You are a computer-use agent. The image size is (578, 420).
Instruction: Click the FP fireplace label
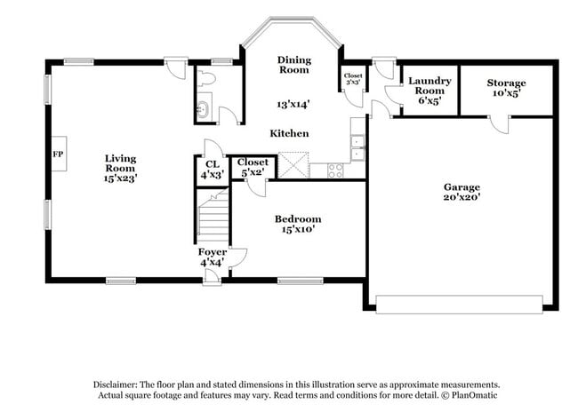pos(59,154)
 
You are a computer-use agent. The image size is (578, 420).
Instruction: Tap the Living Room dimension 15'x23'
pos(120,178)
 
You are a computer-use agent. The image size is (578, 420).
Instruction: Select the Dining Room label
pos(294,64)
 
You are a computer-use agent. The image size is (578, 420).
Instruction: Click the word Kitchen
pos(290,133)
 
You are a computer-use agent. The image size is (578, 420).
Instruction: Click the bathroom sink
pos(201,110)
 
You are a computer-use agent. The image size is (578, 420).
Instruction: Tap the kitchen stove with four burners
pos(336,170)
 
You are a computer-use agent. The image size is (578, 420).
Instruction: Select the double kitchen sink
pos(357,147)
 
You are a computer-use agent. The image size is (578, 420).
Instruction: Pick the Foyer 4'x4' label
pos(212,258)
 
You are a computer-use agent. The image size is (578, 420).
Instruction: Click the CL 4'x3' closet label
pos(212,169)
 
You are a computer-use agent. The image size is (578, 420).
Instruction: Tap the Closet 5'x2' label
pos(253,167)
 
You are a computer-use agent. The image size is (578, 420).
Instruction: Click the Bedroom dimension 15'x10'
pos(298,229)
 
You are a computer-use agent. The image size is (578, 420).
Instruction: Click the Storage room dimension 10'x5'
pos(506,92)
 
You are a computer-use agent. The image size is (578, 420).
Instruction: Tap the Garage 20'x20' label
pos(462,193)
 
